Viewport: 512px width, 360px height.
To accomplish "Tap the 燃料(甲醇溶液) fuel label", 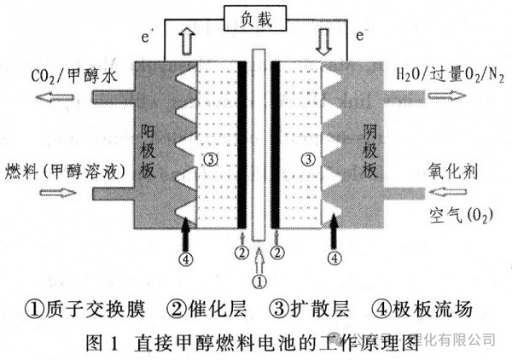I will [63, 171].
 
